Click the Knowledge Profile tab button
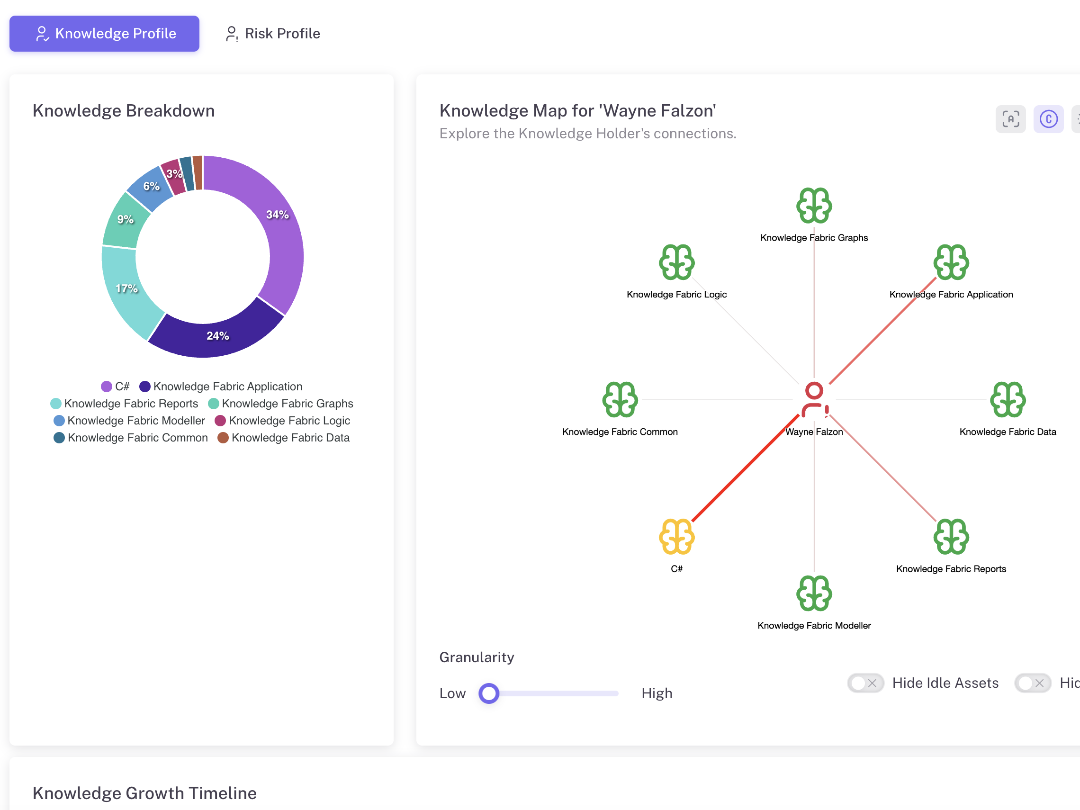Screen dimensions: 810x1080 point(105,34)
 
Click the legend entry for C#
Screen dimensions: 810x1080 point(115,387)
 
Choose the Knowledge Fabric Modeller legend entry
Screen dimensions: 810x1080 point(129,421)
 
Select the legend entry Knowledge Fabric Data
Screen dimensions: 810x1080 point(284,438)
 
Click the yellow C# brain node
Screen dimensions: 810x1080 point(677,537)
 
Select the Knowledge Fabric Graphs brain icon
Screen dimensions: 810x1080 point(814,206)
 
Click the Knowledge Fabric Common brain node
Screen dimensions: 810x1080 point(620,399)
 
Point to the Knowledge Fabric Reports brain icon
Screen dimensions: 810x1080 point(951,537)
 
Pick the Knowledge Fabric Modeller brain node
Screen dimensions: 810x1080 point(814,593)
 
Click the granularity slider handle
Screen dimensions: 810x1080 point(489,693)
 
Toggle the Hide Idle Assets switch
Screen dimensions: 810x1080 point(865,683)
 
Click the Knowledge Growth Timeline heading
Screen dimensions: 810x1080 point(144,793)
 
